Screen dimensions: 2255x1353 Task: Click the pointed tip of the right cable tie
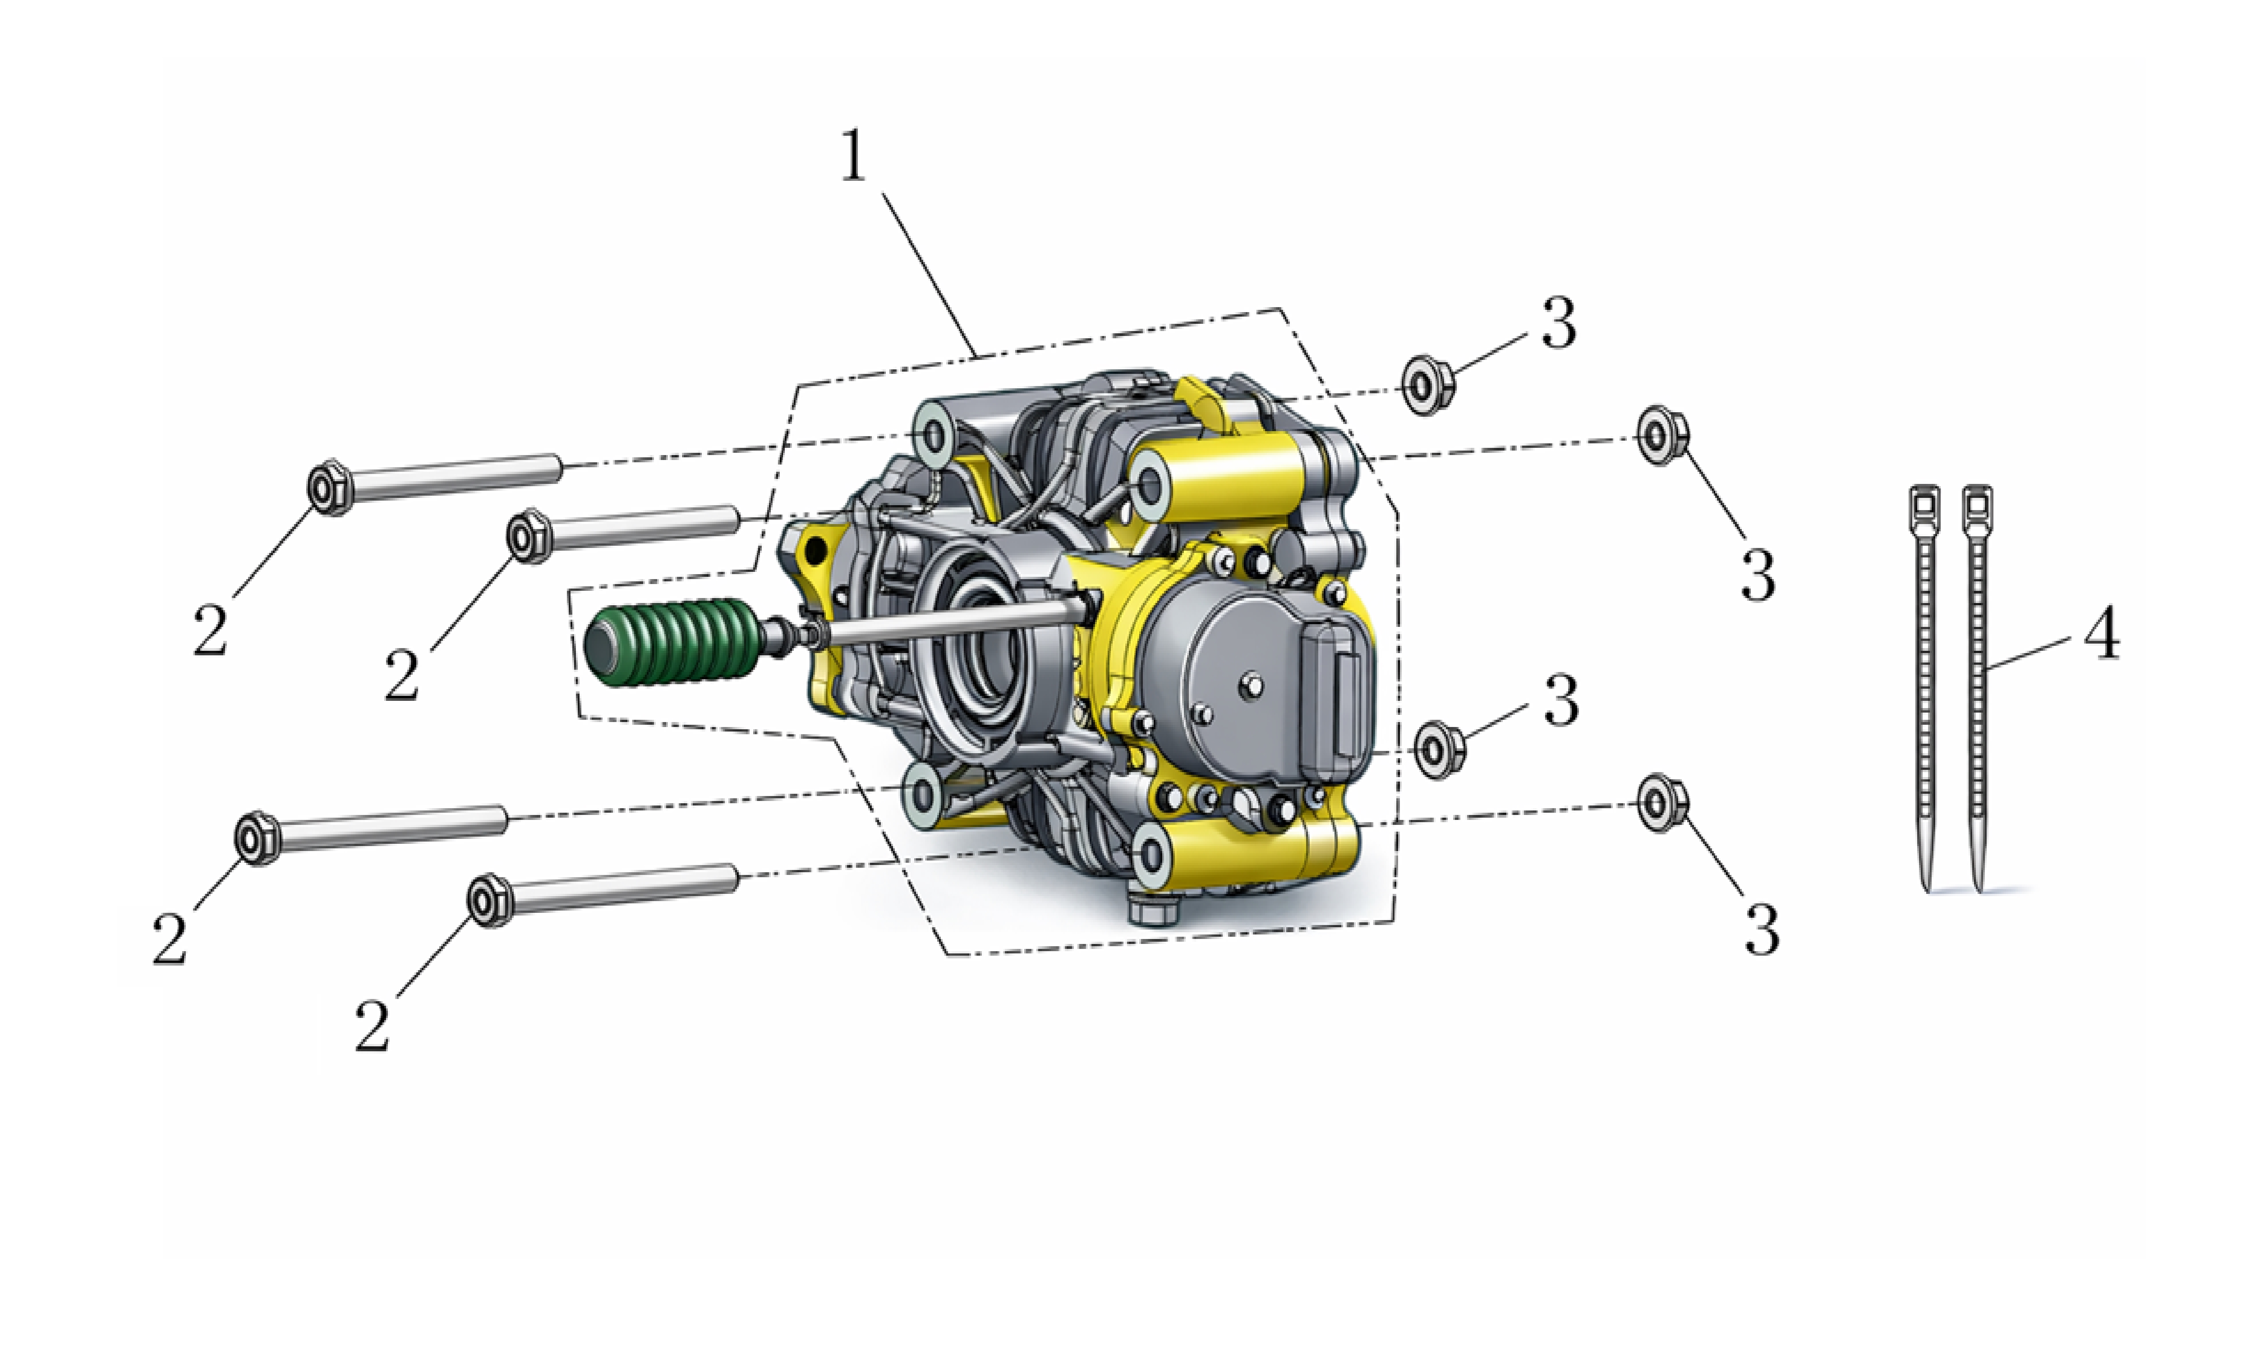1978,889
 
